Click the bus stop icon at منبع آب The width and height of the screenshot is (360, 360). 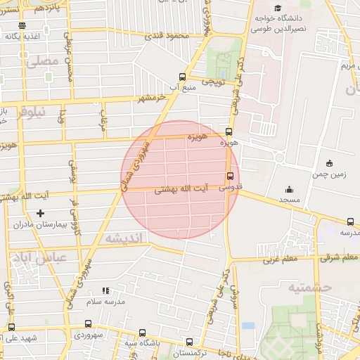(x=183, y=77)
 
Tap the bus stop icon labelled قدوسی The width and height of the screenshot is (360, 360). (x=229, y=176)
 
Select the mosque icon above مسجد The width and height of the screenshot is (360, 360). (x=288, y=189)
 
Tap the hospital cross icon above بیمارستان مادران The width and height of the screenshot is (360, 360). (x=40, y=212)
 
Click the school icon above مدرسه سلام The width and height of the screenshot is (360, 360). (x=105, y=290)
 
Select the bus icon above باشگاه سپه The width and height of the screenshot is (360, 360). (x=142, y=333)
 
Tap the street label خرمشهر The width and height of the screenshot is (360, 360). (x=134, y=97)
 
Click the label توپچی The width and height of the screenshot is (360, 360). (x=212, y=82)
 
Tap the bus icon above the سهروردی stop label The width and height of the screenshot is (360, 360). (x=88, y=324)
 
